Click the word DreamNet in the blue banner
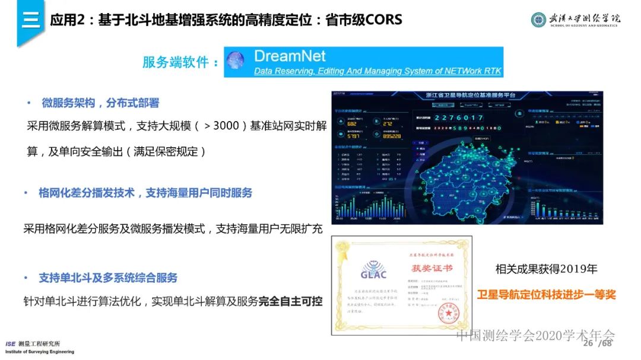click(x=290, y=56)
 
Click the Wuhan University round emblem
click(x=538, y=20)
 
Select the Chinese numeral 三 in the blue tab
click(x=30, y=20)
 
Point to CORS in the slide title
click(x=380, y=20)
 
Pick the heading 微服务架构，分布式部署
click(x=100, y=103)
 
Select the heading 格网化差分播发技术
click(x=87, y=193)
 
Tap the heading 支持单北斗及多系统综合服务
click(x=108, y=278)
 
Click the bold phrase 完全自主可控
click(x=290, y=301)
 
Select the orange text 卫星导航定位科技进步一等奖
click(x=546, y=294)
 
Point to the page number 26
click(x=588, y=344)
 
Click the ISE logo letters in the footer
click(x=11, y=344)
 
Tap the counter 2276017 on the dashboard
click(x=465, y=118)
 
